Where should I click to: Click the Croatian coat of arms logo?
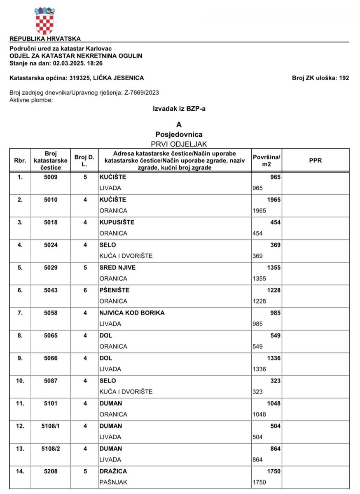pyautogui.click(x=44, y=20)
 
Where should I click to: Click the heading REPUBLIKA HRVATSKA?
pyautogui.click(x=45, y=39)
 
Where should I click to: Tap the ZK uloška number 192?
pyautogui.click(x=344, y=78)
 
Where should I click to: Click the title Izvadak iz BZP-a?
pyautogui.click(x=179, y=108)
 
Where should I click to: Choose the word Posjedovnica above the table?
pyautogui.click(x=179, y=134)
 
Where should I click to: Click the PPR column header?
pyautogui.click(x=315, y=161)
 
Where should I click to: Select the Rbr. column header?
pyautogui.click(x=20, y=161)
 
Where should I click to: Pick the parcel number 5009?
pyautogui.click(x=51, y=177)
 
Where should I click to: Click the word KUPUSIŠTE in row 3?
pyautogui.click(x=117, y=222)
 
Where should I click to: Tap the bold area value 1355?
pyautogui.click(x=274, y=268)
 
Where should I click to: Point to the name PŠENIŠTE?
pyautogui.click(x=115, y=290)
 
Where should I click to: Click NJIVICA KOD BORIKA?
pyautogui.click(x=132, y=313)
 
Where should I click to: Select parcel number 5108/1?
pyautogui.click(x=51, y=426)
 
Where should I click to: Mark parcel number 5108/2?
pyautogui.click(x=51, y=449)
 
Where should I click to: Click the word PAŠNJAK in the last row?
pyautogui.click(x=112, y=482)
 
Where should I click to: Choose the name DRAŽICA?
pyautogui.click(x=113, y=471)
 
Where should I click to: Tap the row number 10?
pyautogui.click(x=20, y=381)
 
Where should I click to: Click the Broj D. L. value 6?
pyautogui.click(x=85, y=290)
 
